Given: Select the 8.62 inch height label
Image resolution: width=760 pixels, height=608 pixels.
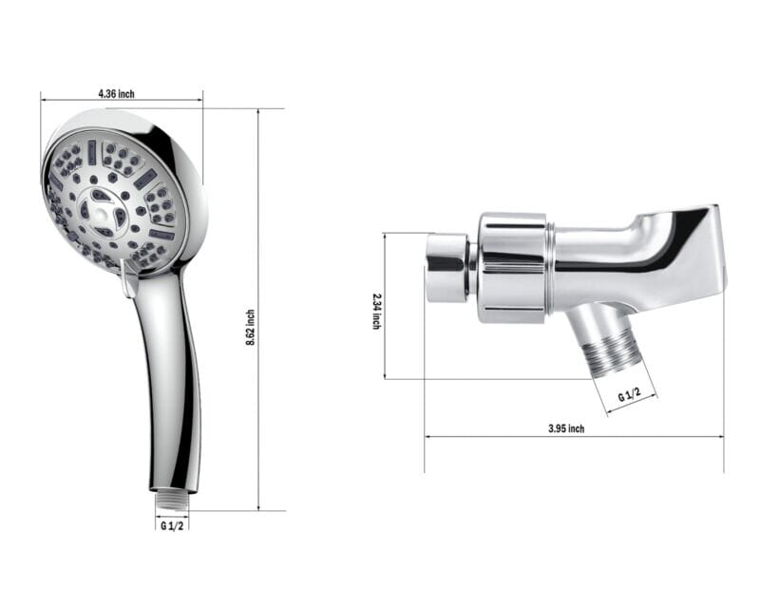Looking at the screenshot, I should [x=250, y=327].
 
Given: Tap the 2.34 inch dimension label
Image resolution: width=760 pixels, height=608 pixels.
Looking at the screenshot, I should [x=376, y=311].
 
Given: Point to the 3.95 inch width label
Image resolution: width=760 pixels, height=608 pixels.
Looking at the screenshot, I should [x=566, y=428].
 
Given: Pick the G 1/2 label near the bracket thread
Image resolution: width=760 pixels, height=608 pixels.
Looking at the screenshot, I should [x=630, y=395].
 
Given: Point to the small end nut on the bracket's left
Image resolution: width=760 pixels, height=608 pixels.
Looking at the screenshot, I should [x=446, y=268].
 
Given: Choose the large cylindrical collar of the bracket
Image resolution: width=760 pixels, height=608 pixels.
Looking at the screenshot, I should [x=513, y=267].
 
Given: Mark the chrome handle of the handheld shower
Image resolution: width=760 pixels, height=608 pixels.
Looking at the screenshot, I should [x=172, y=380].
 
